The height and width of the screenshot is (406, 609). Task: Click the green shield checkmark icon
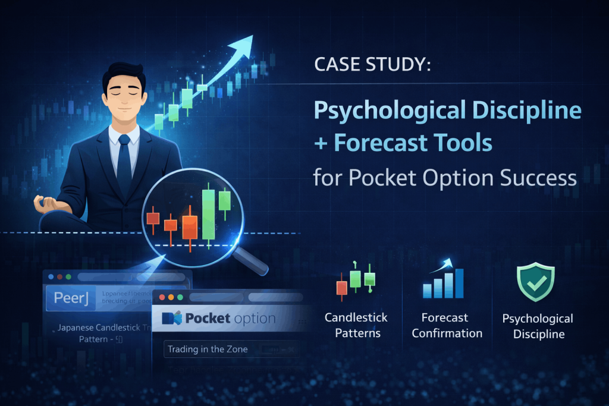(535, 282)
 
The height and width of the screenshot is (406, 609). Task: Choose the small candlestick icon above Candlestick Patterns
(356, 279)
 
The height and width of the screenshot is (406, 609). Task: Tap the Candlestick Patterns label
(356, 326)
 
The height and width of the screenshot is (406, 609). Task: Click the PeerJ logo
(71, 298)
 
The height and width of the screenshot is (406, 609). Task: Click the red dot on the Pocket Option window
(162, 297)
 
